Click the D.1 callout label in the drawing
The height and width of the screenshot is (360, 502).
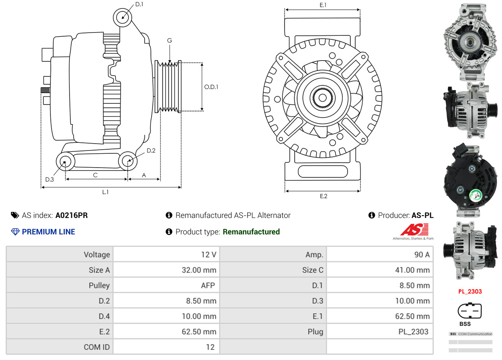(x=139, y=4)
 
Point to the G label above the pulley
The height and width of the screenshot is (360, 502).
(x=170, y=40)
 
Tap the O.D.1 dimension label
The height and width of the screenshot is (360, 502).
(x=211, y=87)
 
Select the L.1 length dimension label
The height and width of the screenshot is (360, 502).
(x=105, y=192)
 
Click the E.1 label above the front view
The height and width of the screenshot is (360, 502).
(x=323, y=5)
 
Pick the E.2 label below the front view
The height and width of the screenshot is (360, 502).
(x=323, y=196)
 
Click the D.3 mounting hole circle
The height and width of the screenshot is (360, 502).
(x=65, y=162)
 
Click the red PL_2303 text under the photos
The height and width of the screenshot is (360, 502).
(x=469, y=291)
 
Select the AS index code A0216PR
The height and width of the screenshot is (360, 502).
(x=72, y=216)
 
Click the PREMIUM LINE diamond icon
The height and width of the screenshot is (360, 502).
(x=15, y=232)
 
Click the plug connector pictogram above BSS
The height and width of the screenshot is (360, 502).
(x=469, y=311)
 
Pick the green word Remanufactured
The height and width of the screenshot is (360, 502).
(x=251, y=232)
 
